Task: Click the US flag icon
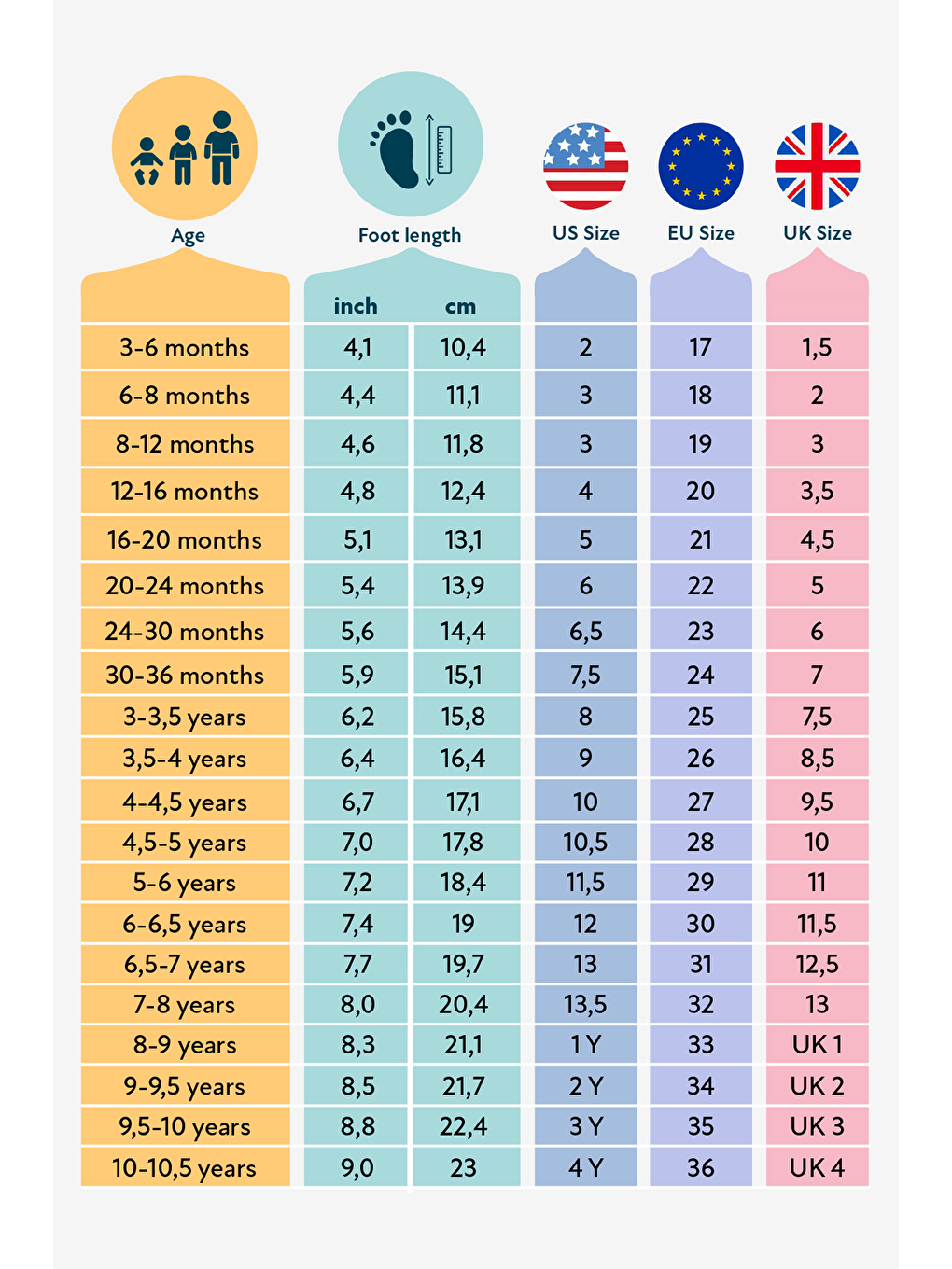[586, 166]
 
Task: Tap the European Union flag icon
[701, 166]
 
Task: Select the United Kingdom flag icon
[818, 166]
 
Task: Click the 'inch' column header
[356, 306]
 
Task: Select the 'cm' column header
[461, 306]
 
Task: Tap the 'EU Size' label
[701, 233]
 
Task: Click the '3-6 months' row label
[185, 348]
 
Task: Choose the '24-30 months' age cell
[185, 632]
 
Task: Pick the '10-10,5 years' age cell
[185, 1168]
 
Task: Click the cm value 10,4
[463, 348]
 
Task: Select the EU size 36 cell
[701, 1168]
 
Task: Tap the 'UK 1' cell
[818, 1045]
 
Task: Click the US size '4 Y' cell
[586, 1168]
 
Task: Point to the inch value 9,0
[357, 1168]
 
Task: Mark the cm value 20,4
[463, 1005]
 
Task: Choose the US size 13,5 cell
[586, 1005]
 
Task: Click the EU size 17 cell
[701, 348]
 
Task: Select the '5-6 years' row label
[185, 883]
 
